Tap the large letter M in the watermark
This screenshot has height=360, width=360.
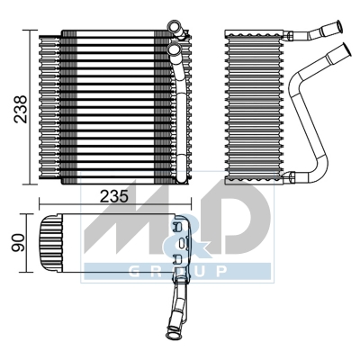126,226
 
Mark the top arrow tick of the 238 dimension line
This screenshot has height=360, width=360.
37,31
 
